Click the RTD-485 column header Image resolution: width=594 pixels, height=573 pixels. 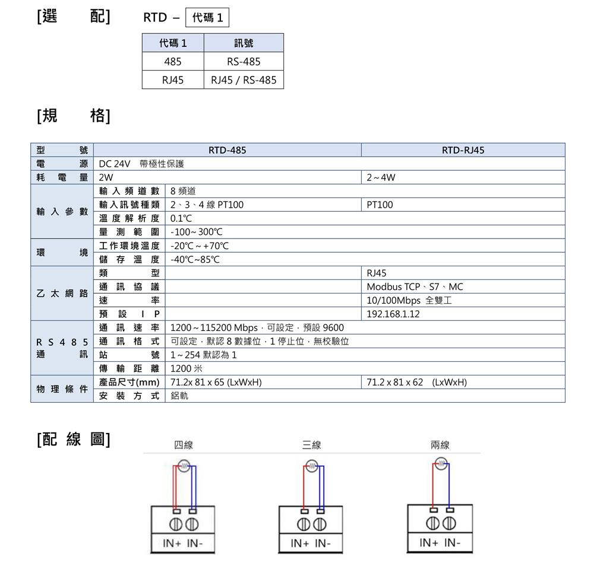[228, 150]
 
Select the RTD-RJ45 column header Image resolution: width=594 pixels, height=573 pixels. [463, 150]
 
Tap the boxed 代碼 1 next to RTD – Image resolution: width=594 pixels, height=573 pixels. [207, 17]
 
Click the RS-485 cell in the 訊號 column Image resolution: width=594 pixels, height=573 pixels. [244, 61]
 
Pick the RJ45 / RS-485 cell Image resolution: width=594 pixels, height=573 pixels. [244, 80]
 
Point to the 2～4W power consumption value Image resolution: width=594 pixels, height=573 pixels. [381, 177]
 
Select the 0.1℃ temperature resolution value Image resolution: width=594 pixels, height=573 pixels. [181, 218]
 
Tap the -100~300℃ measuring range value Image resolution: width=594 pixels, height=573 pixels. [196, 232]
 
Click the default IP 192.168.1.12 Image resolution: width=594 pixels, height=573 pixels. [393, 314]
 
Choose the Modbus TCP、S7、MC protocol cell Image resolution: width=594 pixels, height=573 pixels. [415, 286]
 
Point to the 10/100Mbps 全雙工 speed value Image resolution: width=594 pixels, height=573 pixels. [409, 300]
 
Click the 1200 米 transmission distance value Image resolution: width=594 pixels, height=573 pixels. [187, 368]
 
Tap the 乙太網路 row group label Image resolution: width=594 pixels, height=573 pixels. [62, 294]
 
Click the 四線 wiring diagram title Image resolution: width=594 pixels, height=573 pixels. [184, 445]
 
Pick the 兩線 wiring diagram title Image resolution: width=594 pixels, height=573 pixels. [440, 445]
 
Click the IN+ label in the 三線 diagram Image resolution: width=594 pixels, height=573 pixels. [299, 543]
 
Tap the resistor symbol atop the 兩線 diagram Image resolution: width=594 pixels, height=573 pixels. [441, 463]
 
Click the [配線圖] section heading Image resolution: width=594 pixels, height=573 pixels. [74, 440]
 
